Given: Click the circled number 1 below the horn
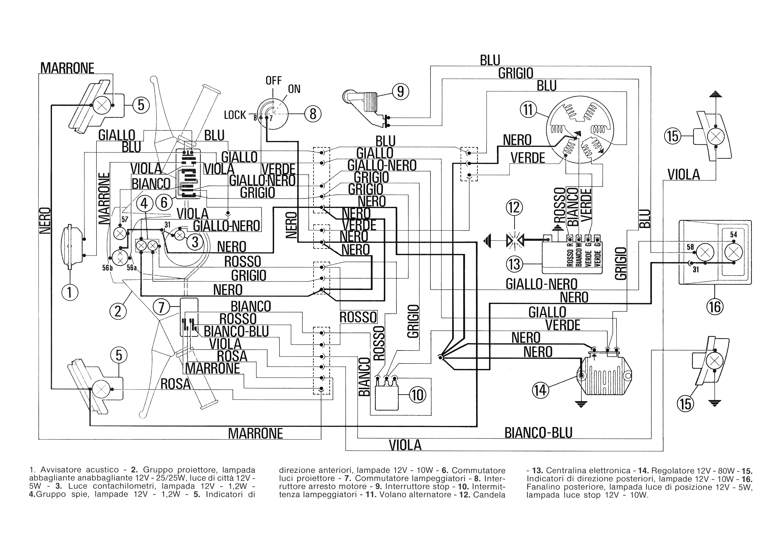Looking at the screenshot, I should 70,292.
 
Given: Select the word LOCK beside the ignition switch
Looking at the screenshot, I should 235,115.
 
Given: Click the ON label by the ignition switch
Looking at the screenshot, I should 294,89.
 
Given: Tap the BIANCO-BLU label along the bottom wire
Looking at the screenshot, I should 538,433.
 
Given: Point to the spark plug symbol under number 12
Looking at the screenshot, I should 514,241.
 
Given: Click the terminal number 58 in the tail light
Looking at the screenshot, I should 690,247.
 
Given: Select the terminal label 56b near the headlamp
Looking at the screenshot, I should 107,268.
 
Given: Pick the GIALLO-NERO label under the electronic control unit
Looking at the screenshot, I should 541,284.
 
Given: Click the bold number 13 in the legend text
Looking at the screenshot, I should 537,471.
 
